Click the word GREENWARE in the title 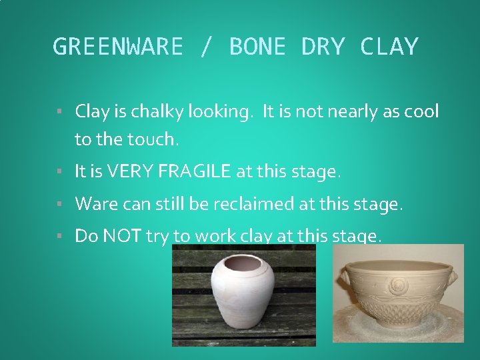tap(117, 47)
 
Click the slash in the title tap(205, 47)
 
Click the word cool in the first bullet tap(421, 111)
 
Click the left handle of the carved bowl tap(344, 279)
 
